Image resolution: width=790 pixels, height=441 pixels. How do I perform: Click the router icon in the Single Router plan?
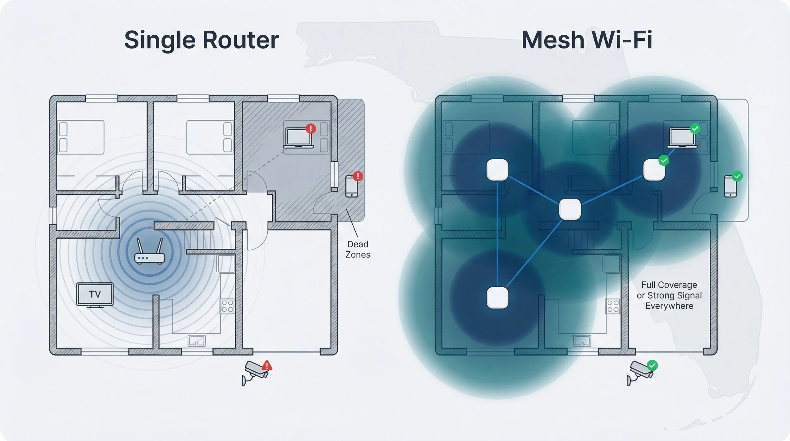(149, 253)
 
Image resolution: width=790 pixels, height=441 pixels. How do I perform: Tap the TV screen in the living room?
(95, 294)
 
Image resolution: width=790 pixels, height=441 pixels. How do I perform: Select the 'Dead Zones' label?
(357, 249)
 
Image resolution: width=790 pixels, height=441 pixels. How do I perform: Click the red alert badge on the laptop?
(311, 128)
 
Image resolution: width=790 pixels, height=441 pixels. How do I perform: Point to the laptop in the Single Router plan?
(298, 138)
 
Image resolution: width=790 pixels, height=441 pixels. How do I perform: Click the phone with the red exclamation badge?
(351, 186)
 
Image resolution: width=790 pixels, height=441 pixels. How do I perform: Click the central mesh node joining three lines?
(570, 209)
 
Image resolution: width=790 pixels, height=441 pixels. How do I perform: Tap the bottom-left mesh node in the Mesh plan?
(497, 297)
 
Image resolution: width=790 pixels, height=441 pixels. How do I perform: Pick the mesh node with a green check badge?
(654, 170)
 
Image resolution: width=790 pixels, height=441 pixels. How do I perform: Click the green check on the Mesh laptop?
(695, 128)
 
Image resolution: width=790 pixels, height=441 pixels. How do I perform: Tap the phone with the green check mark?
(730, 186)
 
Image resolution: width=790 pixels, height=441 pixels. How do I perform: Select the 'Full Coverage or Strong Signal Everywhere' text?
(669, 295)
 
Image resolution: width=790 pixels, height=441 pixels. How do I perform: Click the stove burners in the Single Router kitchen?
(227, 306)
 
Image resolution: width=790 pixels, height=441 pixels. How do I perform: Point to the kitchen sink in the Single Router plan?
(197, 341)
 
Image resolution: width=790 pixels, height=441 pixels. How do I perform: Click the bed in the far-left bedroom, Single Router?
(81, 137)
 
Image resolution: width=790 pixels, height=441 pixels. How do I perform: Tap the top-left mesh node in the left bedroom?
(497, 170)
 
